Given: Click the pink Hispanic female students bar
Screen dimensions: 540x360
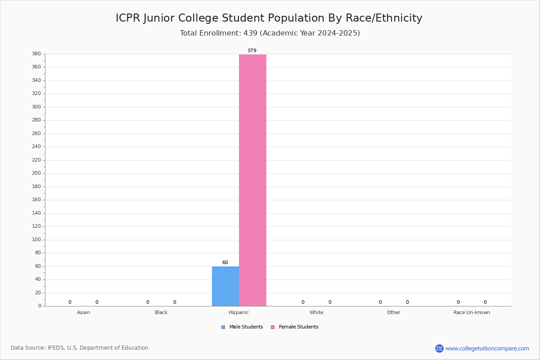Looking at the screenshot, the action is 252,180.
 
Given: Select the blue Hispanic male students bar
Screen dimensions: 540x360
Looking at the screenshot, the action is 225,286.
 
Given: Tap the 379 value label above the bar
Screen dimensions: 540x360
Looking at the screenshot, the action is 252,50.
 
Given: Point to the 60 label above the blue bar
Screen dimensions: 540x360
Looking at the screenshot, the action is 225,262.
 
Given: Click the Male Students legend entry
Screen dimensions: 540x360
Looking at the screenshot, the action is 242,327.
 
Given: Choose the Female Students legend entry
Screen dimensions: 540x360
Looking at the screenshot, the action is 295,327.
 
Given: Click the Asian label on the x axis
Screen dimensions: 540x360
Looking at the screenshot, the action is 83,312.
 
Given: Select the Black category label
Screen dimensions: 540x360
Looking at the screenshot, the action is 161,312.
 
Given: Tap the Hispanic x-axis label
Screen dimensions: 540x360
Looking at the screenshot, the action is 238,312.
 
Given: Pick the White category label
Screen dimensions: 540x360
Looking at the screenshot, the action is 316,312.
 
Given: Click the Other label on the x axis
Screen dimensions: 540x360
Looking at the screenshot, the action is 394,312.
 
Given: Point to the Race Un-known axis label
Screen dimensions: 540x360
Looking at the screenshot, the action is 472,312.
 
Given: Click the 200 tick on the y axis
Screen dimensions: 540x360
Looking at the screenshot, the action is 36,173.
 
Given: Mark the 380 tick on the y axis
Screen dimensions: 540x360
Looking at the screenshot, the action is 36,54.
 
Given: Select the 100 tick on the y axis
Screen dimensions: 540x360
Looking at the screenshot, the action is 36,240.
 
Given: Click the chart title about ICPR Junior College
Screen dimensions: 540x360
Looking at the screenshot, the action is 269,18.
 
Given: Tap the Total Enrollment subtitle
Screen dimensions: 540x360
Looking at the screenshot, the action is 270,33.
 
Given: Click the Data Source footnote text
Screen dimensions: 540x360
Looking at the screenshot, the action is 80,348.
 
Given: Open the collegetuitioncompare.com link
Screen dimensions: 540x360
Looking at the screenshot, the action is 487,348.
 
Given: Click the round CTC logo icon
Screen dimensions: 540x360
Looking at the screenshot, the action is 439,348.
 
